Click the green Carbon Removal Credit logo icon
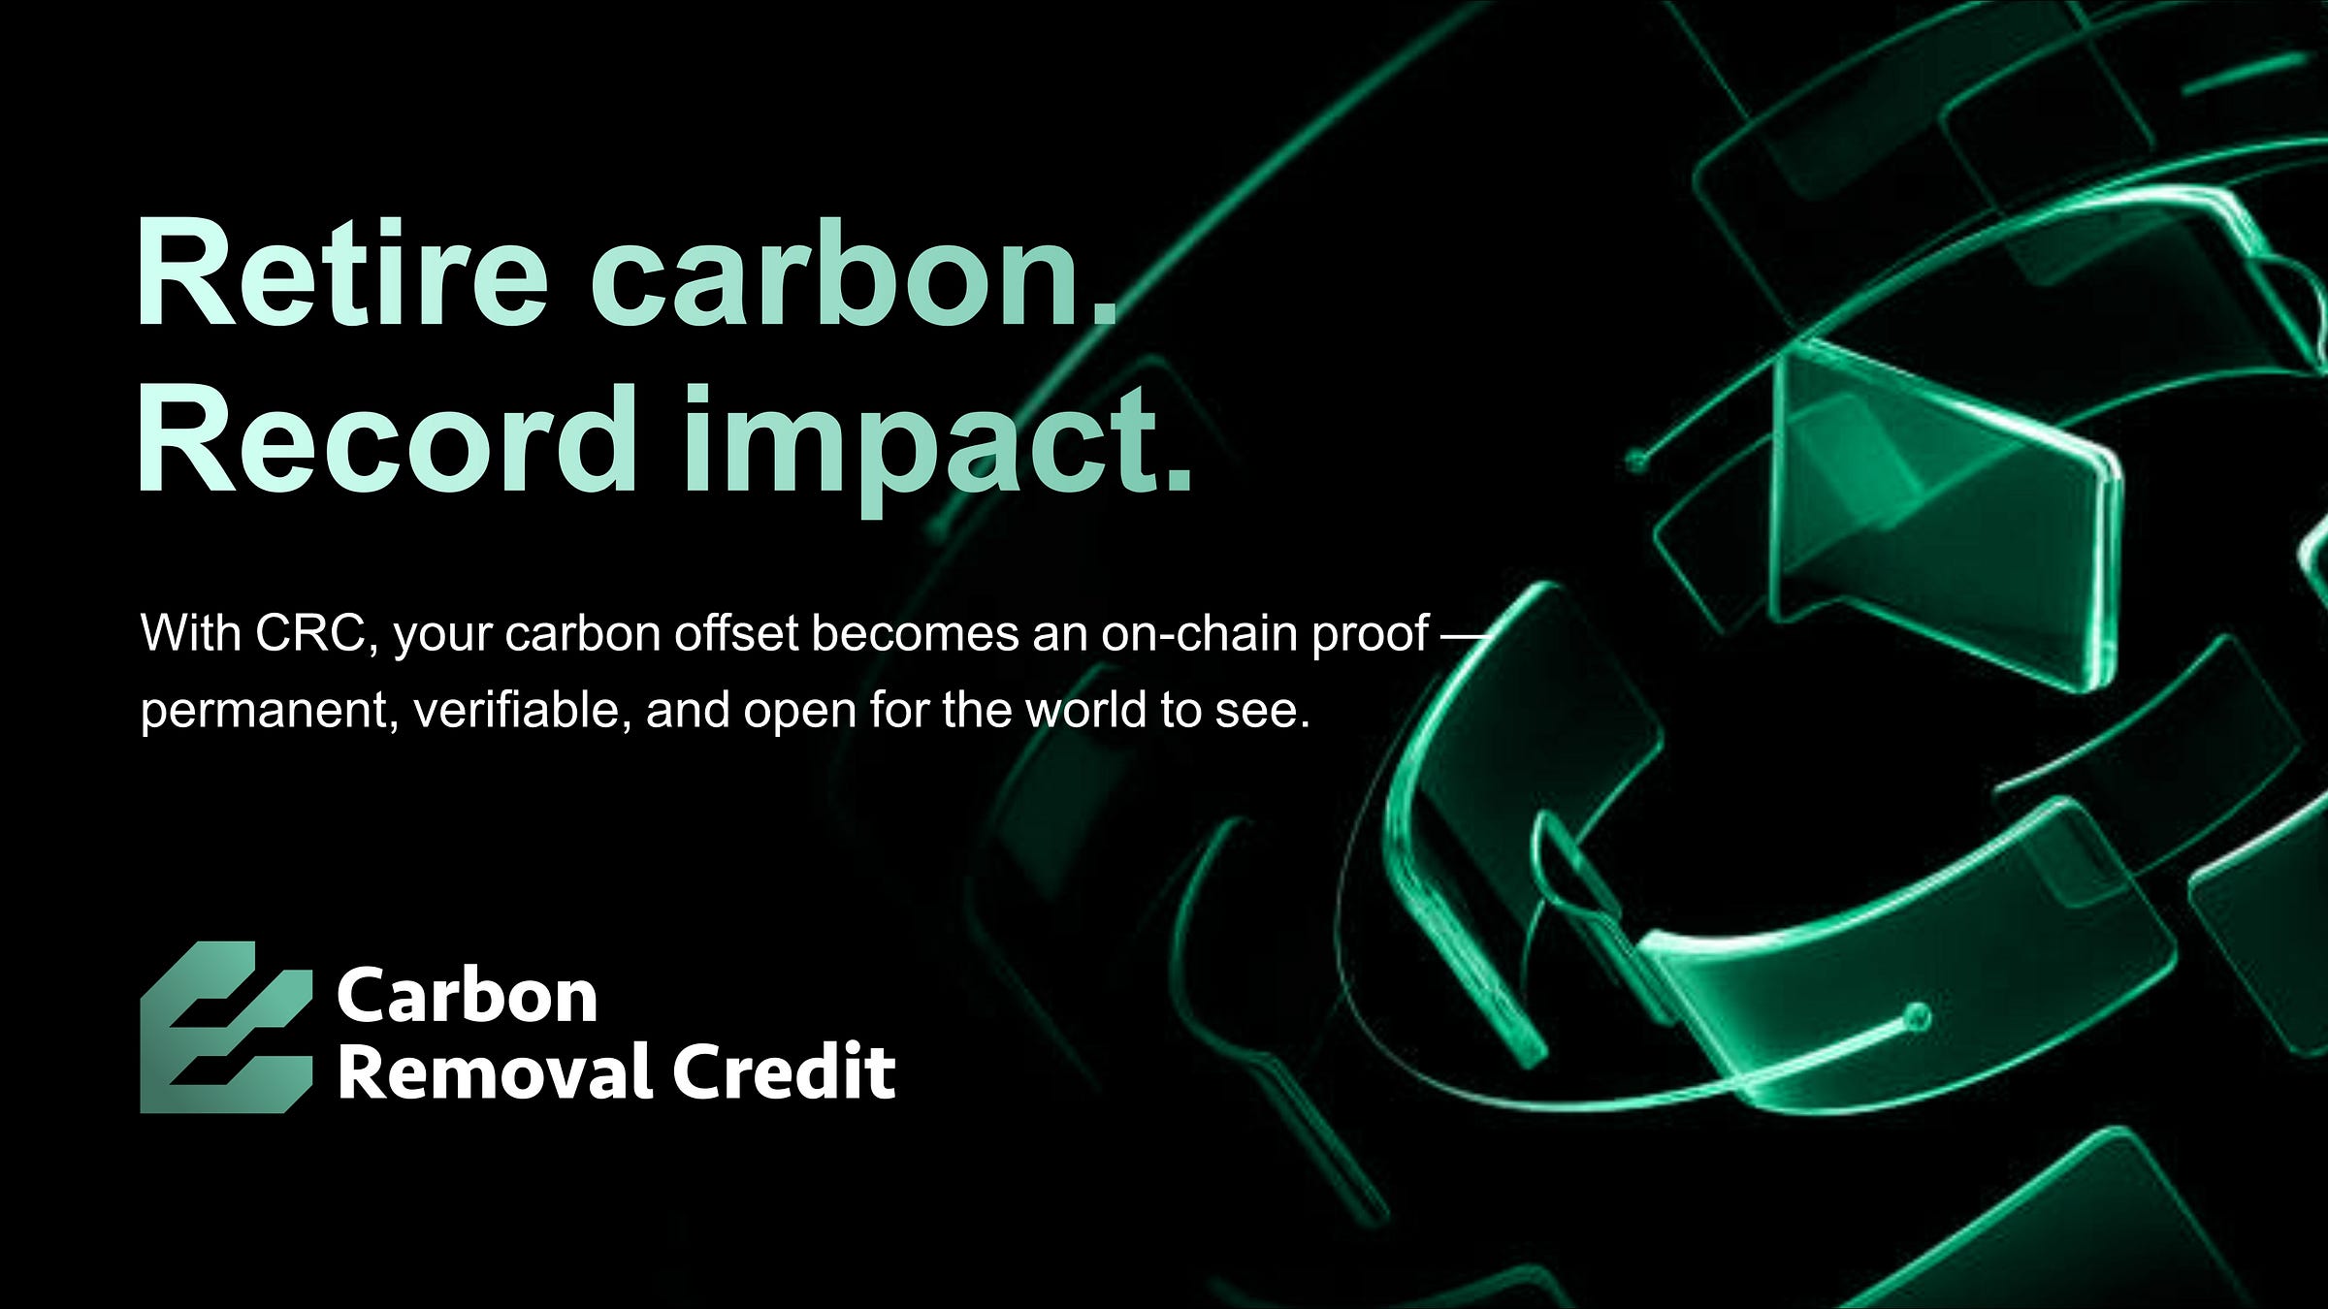pos(226,1027)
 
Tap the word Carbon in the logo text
pos(467,996)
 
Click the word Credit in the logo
pos(784,1071)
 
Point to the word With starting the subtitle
pos(191,634)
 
